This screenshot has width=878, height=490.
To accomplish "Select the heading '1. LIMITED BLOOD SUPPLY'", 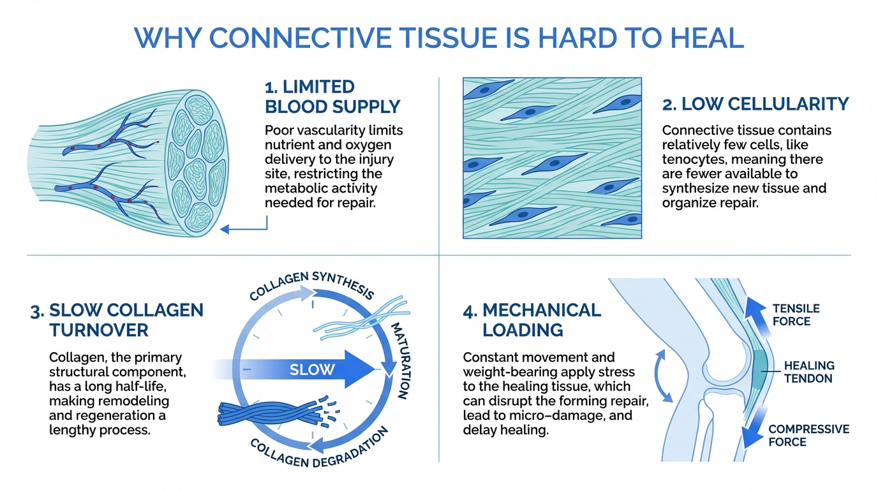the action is [x=332, y=96].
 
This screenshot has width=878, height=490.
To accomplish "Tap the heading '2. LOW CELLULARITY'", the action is [x=755, y=104].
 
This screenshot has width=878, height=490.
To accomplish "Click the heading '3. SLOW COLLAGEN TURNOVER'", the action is [x=117, y=320].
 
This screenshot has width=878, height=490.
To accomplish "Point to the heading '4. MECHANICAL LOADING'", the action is [x=532, y=320].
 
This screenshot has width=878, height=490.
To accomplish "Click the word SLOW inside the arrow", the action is [x=312, y=369].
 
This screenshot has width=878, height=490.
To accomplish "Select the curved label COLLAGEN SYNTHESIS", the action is [x=311, y=285].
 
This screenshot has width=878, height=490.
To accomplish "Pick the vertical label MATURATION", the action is [x=401, y=360].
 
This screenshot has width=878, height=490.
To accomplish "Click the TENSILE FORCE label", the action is [x=796, y=315].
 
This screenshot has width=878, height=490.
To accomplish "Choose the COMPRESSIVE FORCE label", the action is [x=808, y=436].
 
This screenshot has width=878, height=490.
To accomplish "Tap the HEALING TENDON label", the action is [x=808, y=372].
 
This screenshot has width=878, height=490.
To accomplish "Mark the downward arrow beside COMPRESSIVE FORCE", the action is [x=754, y=427].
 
